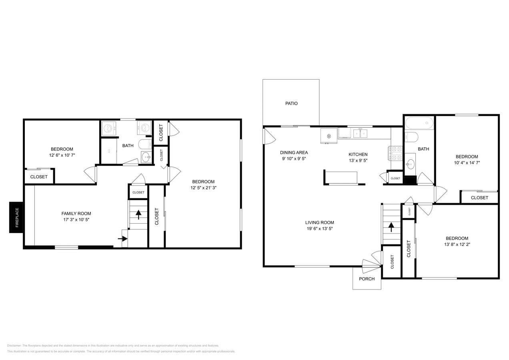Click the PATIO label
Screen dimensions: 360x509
[291, 104]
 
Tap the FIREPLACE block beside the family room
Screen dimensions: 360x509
[17, 217]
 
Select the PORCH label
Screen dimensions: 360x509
[367, 279]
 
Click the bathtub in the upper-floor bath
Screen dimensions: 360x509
[419, 122]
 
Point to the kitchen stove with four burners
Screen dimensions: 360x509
[395, 153]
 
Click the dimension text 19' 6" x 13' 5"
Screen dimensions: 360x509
[319, 229]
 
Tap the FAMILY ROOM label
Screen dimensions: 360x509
[76, 214]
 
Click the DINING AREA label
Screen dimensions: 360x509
[294, 152]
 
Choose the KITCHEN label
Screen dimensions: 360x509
[358, 154]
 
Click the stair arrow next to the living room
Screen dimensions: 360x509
[391, 227]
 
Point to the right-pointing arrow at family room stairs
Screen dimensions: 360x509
[123, 239]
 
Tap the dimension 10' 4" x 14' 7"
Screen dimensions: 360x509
[467, 163]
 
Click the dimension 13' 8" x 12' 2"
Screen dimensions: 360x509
[457, 244]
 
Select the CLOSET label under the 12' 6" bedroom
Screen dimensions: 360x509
[39, 177]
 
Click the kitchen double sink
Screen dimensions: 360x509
[360, 133]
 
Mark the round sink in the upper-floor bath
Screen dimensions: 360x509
[411, 164]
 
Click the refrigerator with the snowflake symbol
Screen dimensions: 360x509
[329, 136]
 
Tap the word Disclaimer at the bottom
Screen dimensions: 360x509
[14, 346]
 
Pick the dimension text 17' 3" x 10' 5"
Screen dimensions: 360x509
[76, 220]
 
